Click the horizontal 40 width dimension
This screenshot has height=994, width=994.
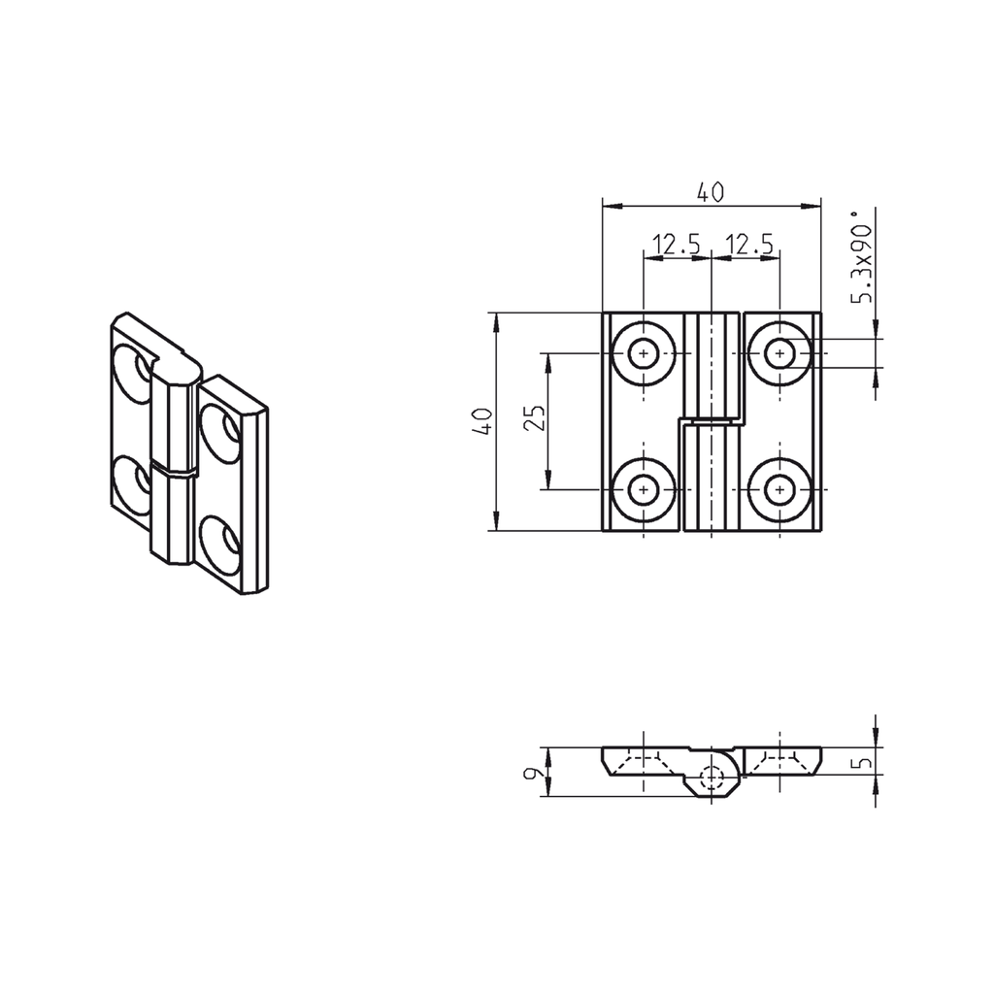click(x=710, y=193)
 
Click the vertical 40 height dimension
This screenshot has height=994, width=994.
click(x=482, y=421)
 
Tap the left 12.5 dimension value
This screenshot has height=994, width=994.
click(x=676, y=246)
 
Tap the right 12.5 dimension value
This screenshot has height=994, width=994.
click(x=749, y=246)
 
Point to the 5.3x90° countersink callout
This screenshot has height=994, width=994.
click(x=862, y=258)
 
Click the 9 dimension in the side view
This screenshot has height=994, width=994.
click(x=531, y=774)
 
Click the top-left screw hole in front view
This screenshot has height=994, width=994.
click(x=642, y=353)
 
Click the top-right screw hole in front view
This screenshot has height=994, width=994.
click(x=779, y=353)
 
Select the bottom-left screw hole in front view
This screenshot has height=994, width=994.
click(x=642, y=490)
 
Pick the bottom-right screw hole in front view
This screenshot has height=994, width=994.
click(x=779, y=490)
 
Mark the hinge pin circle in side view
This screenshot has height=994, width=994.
click(x=712, y=777)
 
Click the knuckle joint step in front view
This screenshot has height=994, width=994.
click(x=712, y=422)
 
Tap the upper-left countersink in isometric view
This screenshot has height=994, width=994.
click(x=133, y=370)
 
